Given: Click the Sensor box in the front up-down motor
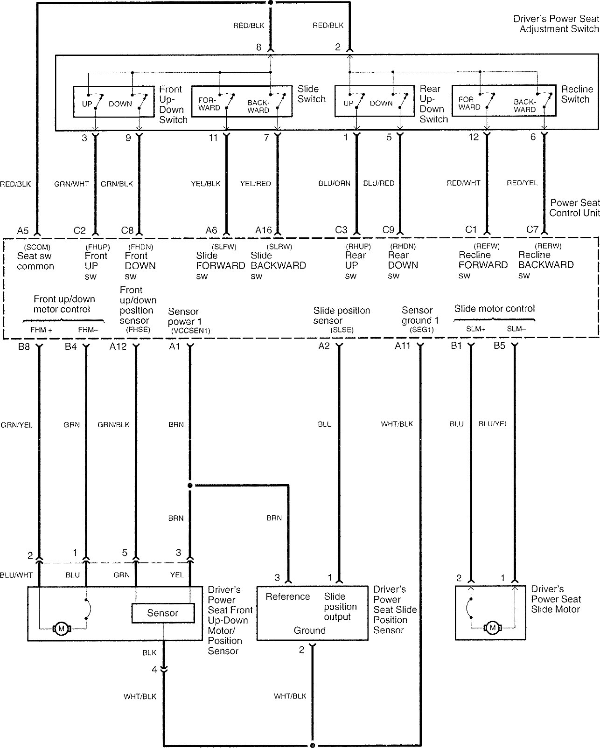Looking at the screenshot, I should coord(163,613).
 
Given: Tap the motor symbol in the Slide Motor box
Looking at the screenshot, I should coord(492,628).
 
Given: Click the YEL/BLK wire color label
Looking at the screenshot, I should coord(206,183).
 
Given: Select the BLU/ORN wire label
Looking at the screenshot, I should coord(334,183).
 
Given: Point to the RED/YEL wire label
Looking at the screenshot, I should coord(522,183).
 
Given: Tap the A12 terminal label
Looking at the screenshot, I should coord(118,346).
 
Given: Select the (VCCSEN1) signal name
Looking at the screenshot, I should coord(190,331).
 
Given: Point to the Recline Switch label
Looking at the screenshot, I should coord(577,94).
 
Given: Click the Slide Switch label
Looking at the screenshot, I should coord(311,94).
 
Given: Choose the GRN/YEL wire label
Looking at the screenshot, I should coord(17,425).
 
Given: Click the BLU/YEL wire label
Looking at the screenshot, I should coord(493,424).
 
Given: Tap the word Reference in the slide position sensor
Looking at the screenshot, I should coord(287,596).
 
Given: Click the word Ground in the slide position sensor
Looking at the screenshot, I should coord(309,630).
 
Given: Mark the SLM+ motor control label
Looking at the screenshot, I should coord(476,329).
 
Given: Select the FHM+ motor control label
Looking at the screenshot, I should coord(41,330).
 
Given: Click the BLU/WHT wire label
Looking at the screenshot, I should coord(16,575).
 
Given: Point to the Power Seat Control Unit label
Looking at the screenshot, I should coord(574,208).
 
